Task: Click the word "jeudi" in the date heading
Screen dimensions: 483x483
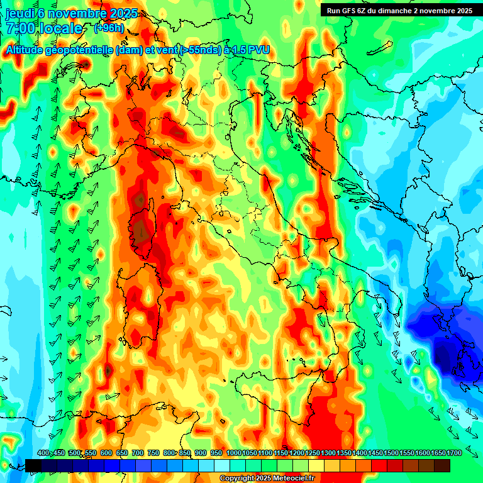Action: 19,13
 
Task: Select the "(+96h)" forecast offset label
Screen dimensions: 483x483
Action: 109,28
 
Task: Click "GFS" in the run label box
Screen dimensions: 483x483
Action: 350,11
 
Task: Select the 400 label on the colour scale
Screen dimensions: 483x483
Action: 43,453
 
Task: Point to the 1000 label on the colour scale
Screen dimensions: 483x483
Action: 233,453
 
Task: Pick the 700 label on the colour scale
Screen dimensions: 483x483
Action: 138,453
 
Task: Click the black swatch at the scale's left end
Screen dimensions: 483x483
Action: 33,465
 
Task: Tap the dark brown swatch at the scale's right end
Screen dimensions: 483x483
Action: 442,465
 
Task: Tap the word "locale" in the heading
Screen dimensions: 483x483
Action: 60,29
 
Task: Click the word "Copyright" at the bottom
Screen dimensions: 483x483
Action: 238,479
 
